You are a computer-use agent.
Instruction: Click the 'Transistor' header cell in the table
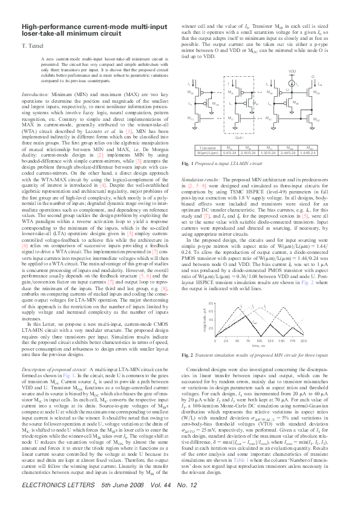[x=208, y=147]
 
